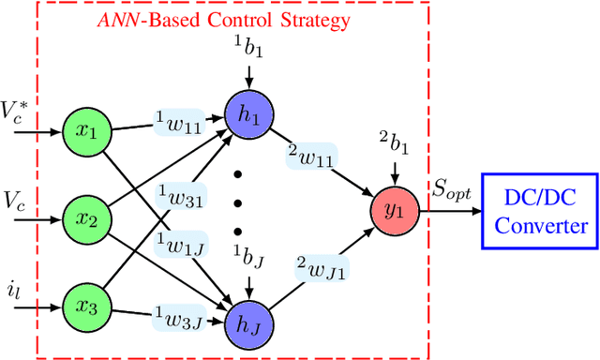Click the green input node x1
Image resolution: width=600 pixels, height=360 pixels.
(x=86, y=132)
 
